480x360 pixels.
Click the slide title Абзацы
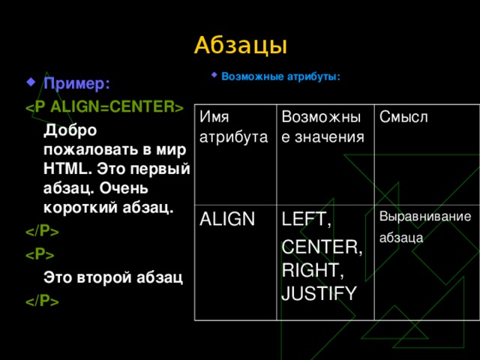click(x=240, y=45)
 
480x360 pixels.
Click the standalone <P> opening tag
click(x=38, y=254)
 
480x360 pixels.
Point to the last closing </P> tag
click(x=43, y=301)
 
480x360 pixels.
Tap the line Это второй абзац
click(x=113, y=277)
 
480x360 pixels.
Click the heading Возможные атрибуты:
click(x=281, y=76)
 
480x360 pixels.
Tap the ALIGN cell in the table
click(x=224, y=217)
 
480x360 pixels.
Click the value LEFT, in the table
click(x=306, y=220)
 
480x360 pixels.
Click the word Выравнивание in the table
click(x=425, y=217)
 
